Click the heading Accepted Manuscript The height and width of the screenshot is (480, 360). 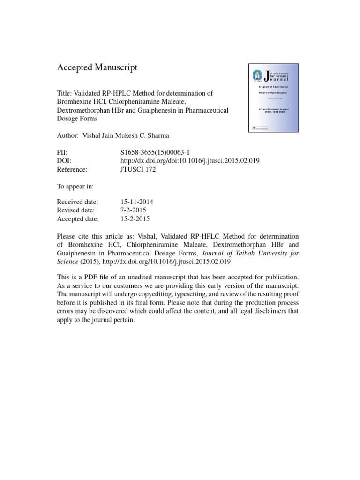tap(97, 67)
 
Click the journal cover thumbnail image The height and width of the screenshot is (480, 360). tap(273, 97)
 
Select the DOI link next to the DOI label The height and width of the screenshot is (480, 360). tap(190, 161)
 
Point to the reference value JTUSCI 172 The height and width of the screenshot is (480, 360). tap(138, 169)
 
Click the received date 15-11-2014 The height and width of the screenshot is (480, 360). tap(137, 202)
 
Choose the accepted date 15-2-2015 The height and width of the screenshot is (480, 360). tap(135, 219)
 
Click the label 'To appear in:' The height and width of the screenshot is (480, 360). tap(75, 186)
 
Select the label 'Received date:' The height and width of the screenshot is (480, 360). tap(77, 202)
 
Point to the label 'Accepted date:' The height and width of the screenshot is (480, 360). tap(78, 219)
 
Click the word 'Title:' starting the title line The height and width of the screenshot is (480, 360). tap(64, 93)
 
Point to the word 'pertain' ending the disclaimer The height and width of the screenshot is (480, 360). tap(123, 320)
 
